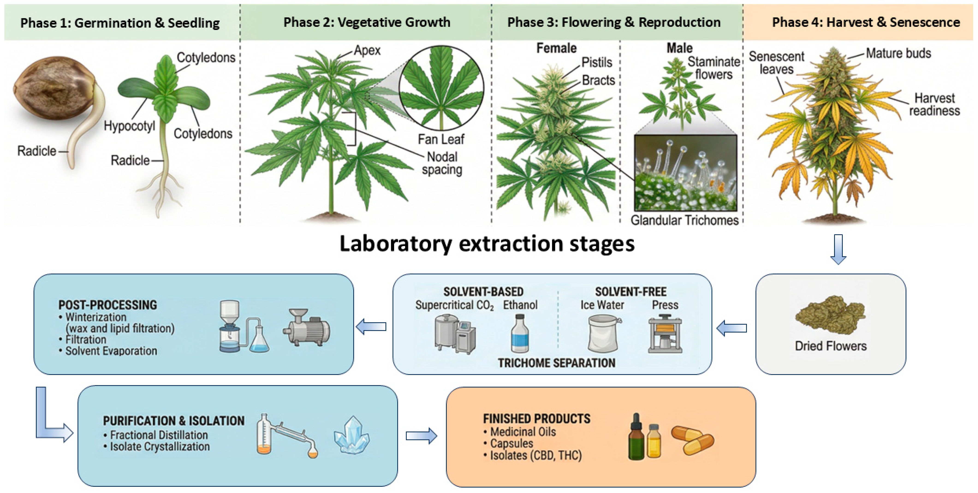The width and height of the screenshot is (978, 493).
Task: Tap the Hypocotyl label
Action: (129, 126)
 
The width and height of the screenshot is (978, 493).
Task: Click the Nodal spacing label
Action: (442, 163)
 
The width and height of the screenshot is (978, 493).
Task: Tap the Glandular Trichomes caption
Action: (684, 220)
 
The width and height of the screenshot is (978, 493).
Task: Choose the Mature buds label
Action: (898, 53)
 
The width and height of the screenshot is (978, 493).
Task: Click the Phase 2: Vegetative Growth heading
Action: (367, 22)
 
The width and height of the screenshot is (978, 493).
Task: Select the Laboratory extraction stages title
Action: (487, 244)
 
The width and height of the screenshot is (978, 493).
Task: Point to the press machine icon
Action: (665, 333)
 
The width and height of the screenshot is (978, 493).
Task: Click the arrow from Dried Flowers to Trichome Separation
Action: (732, 328)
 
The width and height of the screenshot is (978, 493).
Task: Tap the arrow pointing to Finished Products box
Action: (421, 436)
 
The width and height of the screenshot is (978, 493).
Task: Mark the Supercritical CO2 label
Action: (455, 306)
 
